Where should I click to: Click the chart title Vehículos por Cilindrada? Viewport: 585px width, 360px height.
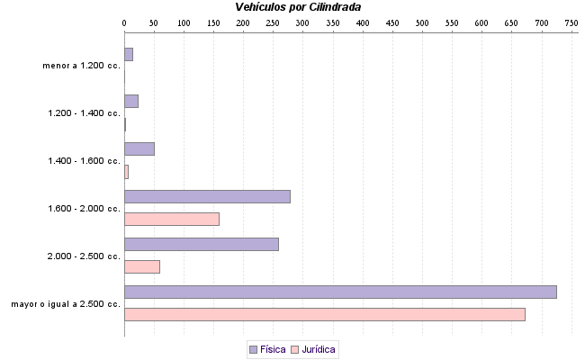pos(298,7)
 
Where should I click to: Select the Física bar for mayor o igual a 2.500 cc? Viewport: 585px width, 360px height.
pos(340,292)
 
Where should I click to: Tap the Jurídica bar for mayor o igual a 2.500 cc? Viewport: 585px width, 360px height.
pos(324,314)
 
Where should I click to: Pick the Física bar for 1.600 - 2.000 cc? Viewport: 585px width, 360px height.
pos(207,196)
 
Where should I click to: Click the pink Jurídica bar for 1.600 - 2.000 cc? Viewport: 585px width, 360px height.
pos(171,219)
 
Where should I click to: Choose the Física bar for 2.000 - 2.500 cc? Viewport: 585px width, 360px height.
pos(201,244)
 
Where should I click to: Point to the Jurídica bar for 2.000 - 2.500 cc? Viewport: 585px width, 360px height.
pos(141,266)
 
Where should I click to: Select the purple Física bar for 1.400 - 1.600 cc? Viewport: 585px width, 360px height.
pos(139,148)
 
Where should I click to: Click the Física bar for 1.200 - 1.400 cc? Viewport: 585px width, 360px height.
pos(130,101)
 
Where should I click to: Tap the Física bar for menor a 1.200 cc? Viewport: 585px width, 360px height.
pos(128,54)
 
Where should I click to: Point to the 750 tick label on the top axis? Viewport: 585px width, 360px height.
pos(571,22)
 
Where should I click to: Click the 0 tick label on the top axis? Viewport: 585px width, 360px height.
pos(124,22)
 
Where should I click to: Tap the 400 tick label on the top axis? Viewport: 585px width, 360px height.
pos(362,22)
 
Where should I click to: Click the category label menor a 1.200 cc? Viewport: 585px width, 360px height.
pos(81,66)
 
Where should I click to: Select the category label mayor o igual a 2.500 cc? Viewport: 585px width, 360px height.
pos(66,304)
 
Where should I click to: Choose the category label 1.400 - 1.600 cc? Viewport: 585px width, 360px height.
pos(84,161)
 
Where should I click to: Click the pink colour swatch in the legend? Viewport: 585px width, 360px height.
pos(294,349)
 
